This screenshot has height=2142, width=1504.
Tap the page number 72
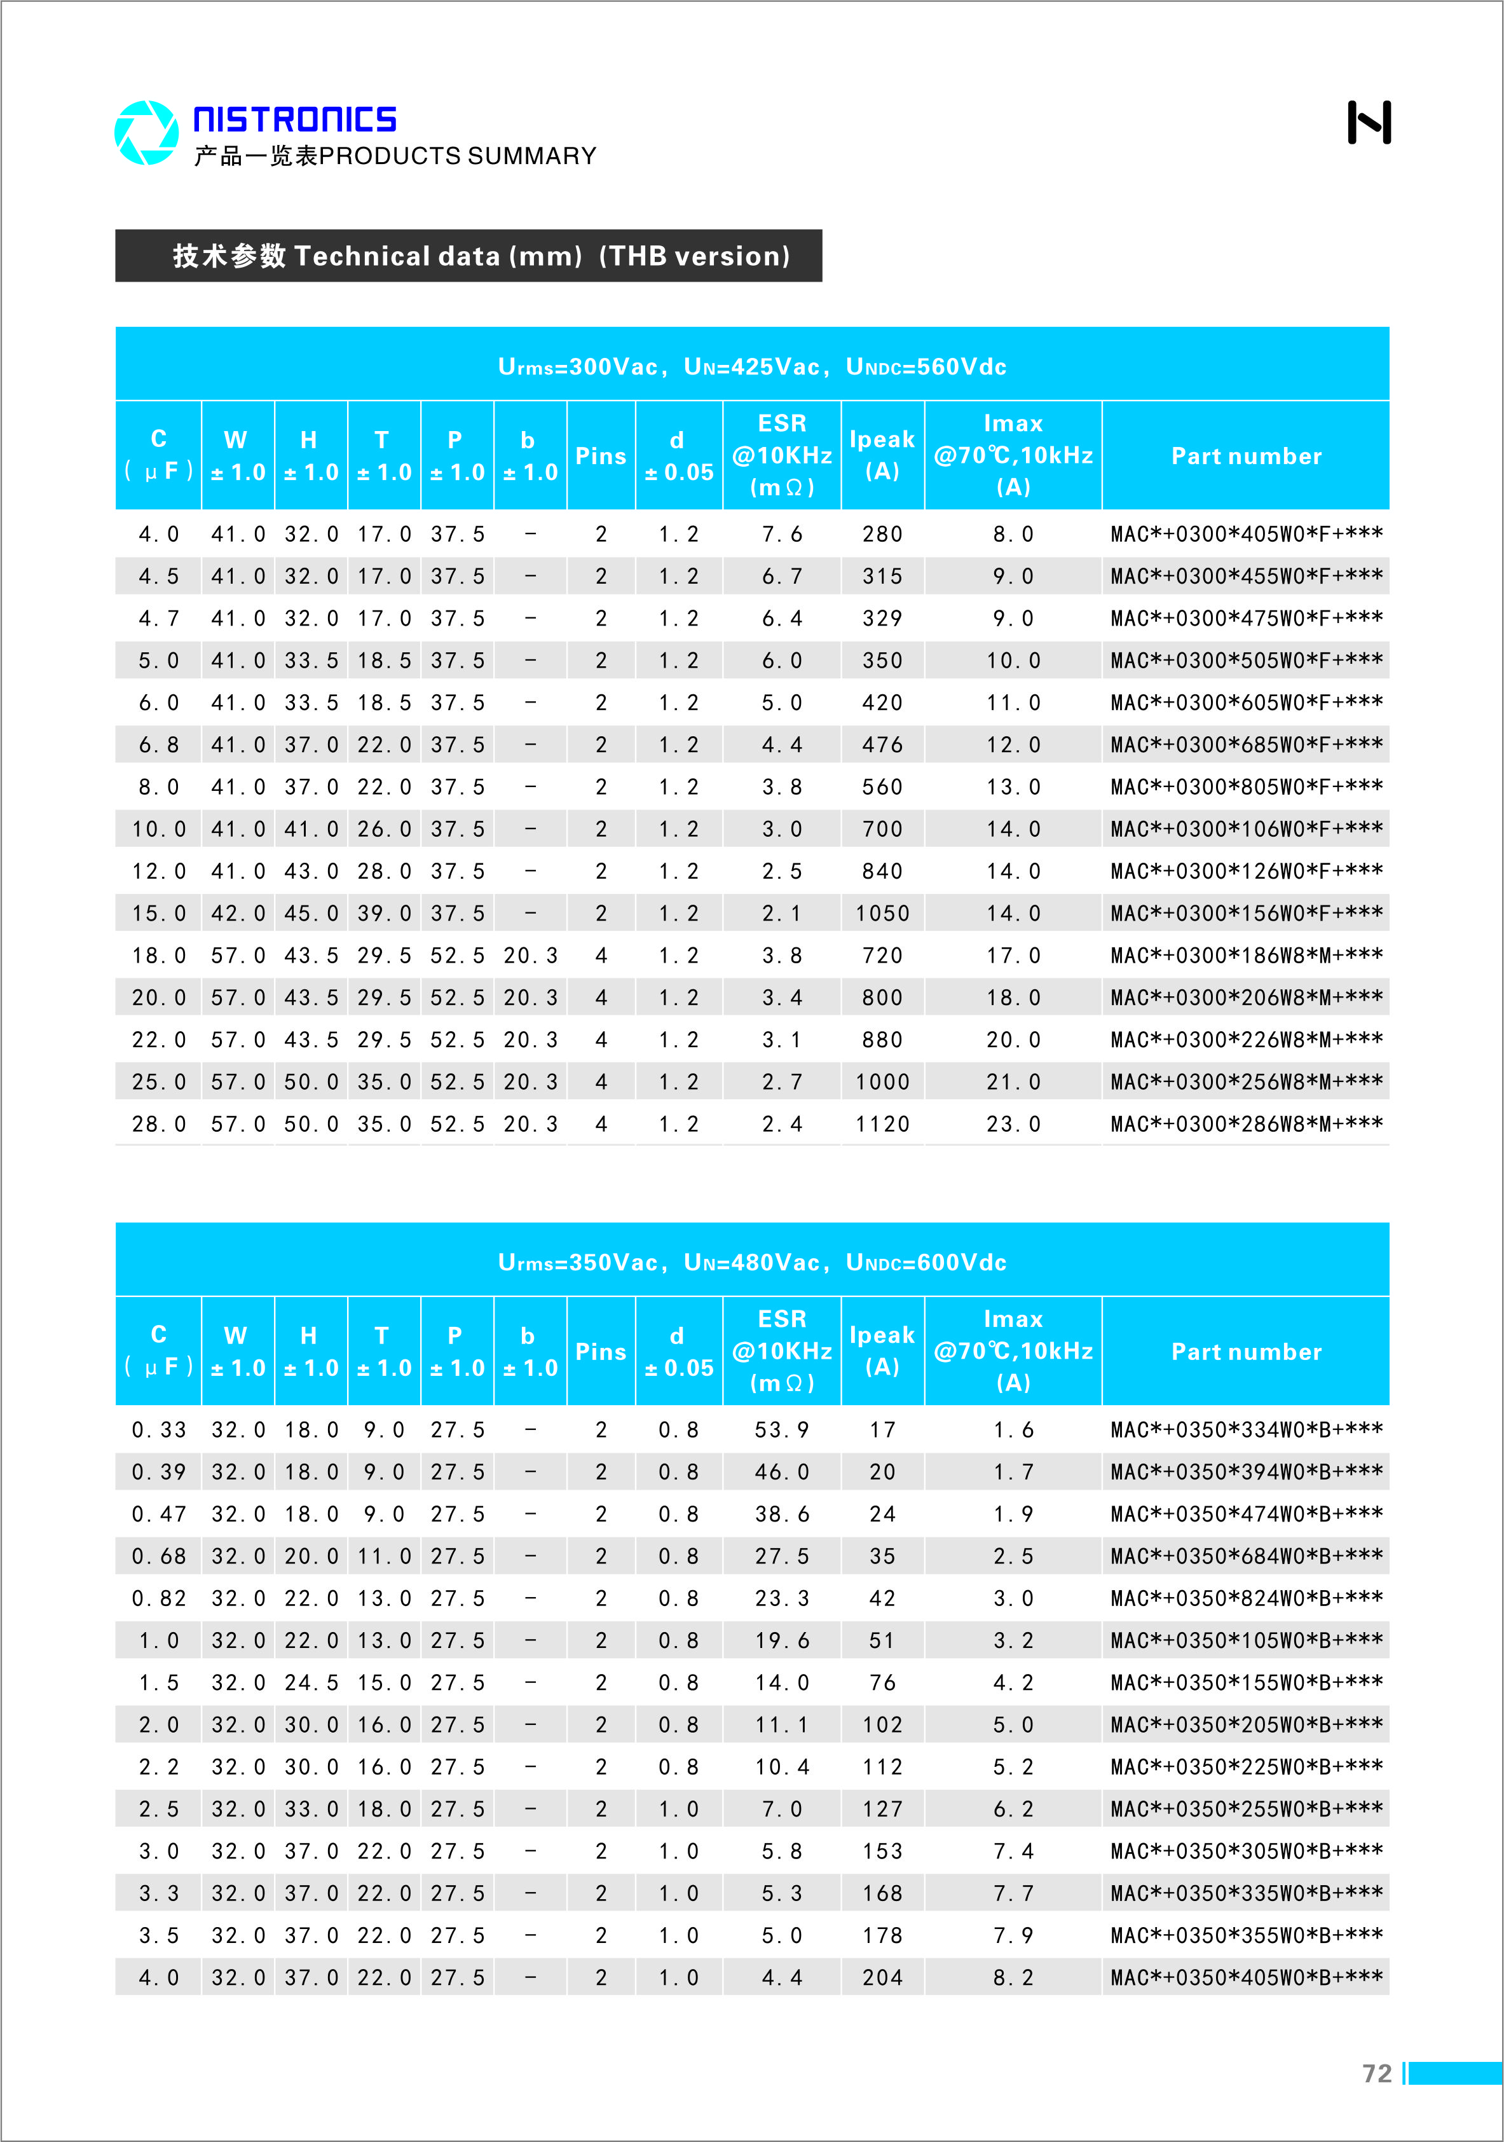1376,2073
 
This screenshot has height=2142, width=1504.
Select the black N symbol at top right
1369,122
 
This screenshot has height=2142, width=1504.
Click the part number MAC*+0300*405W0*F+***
1245,535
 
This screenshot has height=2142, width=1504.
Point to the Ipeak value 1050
882,914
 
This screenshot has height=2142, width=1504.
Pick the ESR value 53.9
782,1430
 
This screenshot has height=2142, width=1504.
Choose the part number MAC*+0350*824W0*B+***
1245,1598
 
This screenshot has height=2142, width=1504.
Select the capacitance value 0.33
159,1430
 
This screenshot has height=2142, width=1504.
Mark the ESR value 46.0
782,1472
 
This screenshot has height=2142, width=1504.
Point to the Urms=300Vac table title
752,367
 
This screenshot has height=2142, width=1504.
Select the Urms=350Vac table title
752,1262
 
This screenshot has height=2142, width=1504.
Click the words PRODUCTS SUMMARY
457,156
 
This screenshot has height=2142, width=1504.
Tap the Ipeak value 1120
882,1124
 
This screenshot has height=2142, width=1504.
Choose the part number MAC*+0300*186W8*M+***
1245,956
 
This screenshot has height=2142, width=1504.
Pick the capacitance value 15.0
159,914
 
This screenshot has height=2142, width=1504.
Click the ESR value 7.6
782,535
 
